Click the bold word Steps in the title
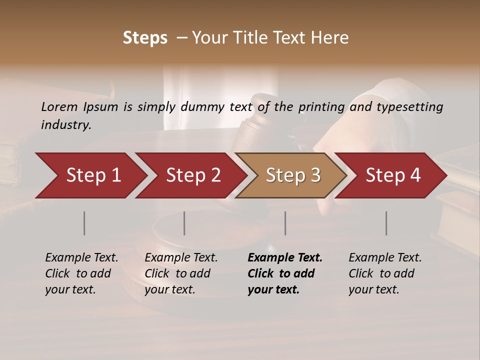click(x=145, y=38)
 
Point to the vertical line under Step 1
click(x=84, y=223)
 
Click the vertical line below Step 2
click(x=184, y=223)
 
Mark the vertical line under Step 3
click(x=285, y=223)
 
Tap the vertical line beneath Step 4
click(x=386, y=223)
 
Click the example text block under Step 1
click(x=81, y=273)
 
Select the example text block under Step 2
click(x=181, y=273)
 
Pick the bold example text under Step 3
click(x=284, y=273)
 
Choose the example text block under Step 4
click(x=385, y=273)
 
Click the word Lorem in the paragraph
click(x=59, y=106)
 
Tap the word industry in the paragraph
click(x=66, y=125)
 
